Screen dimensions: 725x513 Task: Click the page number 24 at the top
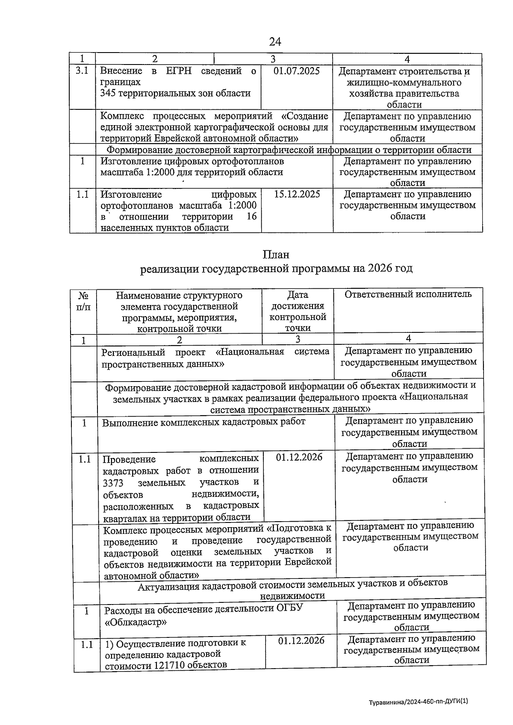tap(275, 41)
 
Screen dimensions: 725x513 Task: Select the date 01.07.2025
tap(296, 71)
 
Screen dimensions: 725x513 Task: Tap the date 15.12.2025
tap(297, 194)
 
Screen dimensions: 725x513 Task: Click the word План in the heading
tap(276, 254)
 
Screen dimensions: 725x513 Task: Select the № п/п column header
tap(83, 301)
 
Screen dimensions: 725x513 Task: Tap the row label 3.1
tap(82, 71)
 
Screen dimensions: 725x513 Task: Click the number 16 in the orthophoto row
tap(252, 216)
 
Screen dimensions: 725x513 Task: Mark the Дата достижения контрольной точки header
tap(298, 311)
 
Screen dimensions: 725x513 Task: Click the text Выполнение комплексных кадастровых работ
tap(203, 422)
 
